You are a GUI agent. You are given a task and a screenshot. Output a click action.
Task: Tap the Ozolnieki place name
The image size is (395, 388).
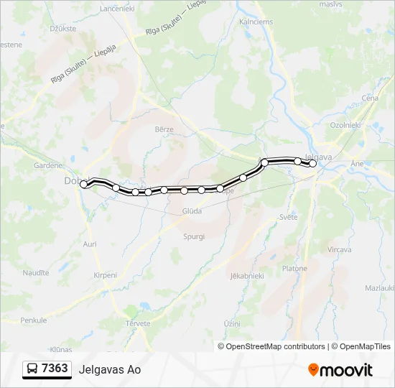[x=345, y=124]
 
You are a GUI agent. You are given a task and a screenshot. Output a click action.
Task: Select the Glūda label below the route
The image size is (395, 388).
[x=192, y=211]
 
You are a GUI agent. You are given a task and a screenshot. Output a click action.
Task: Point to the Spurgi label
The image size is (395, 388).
[x=193, y=236]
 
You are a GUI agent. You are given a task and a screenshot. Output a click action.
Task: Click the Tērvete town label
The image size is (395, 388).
[x=138, y=323]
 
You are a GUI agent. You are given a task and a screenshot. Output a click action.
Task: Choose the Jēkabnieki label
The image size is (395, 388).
[x=247, y=275]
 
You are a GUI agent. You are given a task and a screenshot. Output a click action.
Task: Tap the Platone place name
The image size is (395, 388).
[x=294, y=269]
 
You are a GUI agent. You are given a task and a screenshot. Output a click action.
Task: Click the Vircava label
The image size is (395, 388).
[x=339, y=249]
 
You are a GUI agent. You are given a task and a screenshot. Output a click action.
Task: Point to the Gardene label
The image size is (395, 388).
[x=49, y=165]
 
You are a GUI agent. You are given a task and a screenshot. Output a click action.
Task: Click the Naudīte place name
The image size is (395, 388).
[x=35, y=273]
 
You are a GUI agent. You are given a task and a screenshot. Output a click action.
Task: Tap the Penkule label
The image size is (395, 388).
[x=33, y=320]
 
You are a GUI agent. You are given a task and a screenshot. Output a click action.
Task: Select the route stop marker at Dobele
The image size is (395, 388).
[x=84, y=185]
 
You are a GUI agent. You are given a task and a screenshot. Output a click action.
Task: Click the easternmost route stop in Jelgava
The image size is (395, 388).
[x=312, y=164]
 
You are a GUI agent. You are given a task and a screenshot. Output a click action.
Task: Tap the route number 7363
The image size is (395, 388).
[x=55, y=369]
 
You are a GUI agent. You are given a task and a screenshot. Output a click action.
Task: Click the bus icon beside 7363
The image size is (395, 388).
[x=33, y=369]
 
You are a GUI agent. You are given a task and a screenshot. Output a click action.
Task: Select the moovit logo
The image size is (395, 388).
[x=340, y=370]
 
